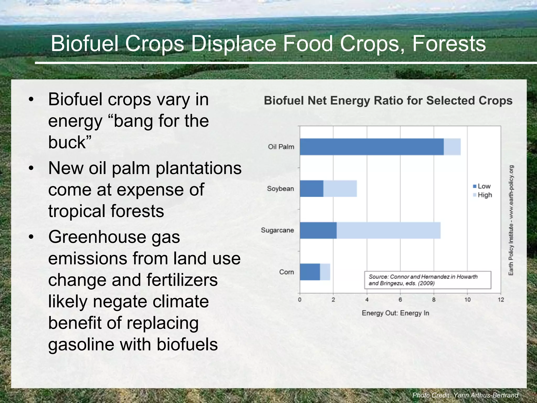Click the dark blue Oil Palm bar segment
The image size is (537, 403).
click(372, 147)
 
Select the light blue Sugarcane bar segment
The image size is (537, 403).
click(388, 230)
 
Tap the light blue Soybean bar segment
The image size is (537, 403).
click(340, 189)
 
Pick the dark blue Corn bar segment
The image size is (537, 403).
click(310, 272)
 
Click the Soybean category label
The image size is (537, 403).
click(280, 189)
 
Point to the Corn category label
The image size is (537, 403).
click(286, 272)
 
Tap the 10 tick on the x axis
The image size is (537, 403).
click(467, 300)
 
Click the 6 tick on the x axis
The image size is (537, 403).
click(400, 300)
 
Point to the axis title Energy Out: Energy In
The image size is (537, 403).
click(395, 313)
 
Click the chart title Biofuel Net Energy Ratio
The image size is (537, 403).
click(388, 100)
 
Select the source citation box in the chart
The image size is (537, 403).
click(427, 280)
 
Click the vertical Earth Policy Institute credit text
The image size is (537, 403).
click(511, 220)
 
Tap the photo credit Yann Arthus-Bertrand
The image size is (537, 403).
click(465, 395)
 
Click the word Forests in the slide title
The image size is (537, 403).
click(449, 44)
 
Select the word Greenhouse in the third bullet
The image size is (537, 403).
click(114, 237)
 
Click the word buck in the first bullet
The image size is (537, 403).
click(67, 142)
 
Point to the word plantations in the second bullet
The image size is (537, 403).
click(198, 168)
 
